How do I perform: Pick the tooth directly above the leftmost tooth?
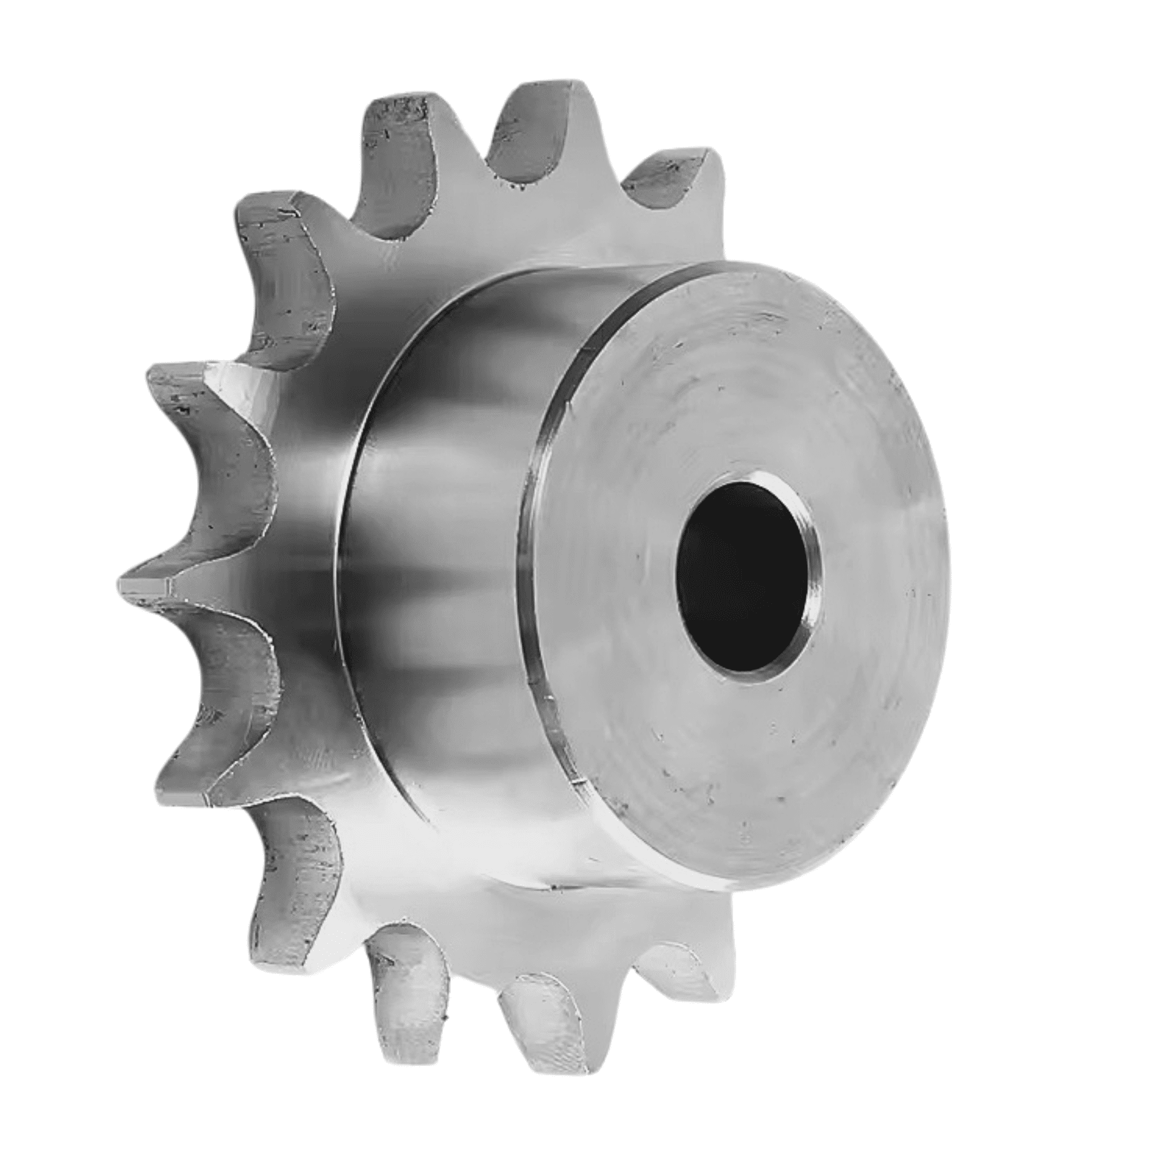pos(185,395)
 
